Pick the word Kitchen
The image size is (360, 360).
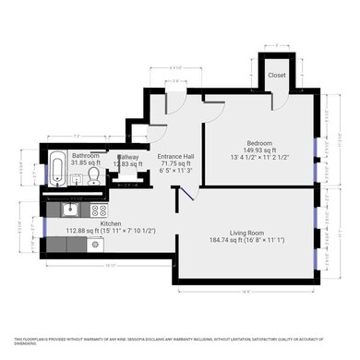tap(111, 223)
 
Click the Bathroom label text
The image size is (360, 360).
tap(86, 156)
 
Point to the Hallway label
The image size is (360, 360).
tap(128, 157)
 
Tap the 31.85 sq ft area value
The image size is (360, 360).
tap(86, 162)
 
